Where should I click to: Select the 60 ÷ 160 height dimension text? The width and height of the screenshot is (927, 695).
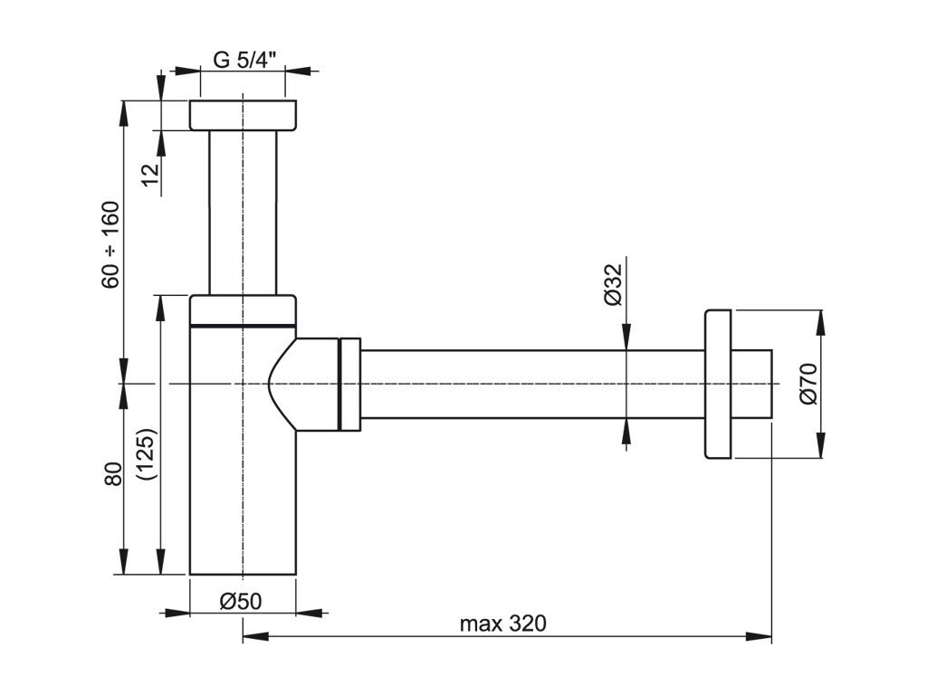coord(111,244)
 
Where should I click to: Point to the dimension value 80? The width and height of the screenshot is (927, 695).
coord(112,475)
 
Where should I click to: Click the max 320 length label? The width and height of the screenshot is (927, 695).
coord(504,624)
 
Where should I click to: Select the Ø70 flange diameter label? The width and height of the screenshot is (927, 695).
coord(808,384)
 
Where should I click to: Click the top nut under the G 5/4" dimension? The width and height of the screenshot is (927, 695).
coord(244,116)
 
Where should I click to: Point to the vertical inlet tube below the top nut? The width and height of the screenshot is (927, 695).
coord(243,213)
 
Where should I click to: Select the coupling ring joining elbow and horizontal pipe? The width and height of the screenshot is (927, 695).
coord(349,385)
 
